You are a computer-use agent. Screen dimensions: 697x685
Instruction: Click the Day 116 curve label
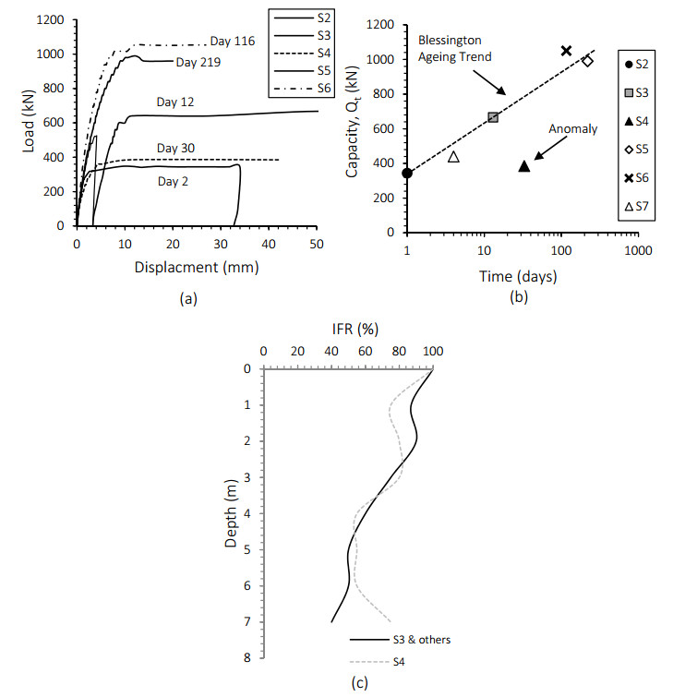point(232,41)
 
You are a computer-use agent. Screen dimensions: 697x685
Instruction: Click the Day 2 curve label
point(172,181)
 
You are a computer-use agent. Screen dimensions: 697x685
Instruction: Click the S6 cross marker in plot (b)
point(567,50)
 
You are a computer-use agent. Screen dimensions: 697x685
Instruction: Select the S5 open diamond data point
point(587,61)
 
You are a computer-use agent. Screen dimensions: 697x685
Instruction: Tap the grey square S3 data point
point(493,117)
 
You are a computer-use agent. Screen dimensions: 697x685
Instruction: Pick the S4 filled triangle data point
point(524,166)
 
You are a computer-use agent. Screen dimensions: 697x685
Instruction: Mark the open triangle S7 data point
point(453,157)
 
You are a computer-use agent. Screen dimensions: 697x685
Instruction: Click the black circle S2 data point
point(407,173)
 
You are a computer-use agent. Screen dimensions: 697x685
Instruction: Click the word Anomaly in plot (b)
point(572,129)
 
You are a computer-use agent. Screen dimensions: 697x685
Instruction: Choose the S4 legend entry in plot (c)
point(398,661)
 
